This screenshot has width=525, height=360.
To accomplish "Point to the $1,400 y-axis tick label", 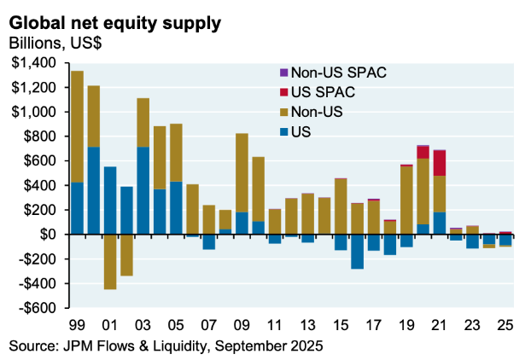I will (x=32, y=63).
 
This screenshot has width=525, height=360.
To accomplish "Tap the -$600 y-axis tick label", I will (x=35, y=308).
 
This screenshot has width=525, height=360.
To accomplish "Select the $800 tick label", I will (x=38, y=136).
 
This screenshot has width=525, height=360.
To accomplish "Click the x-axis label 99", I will (x=76, y=326).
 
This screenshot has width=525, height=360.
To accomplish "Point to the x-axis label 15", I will (x=341, y=326).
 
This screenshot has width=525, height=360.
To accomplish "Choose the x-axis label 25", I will (x=505, y=326).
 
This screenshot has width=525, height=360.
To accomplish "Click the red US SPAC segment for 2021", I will (x=440, y=163).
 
